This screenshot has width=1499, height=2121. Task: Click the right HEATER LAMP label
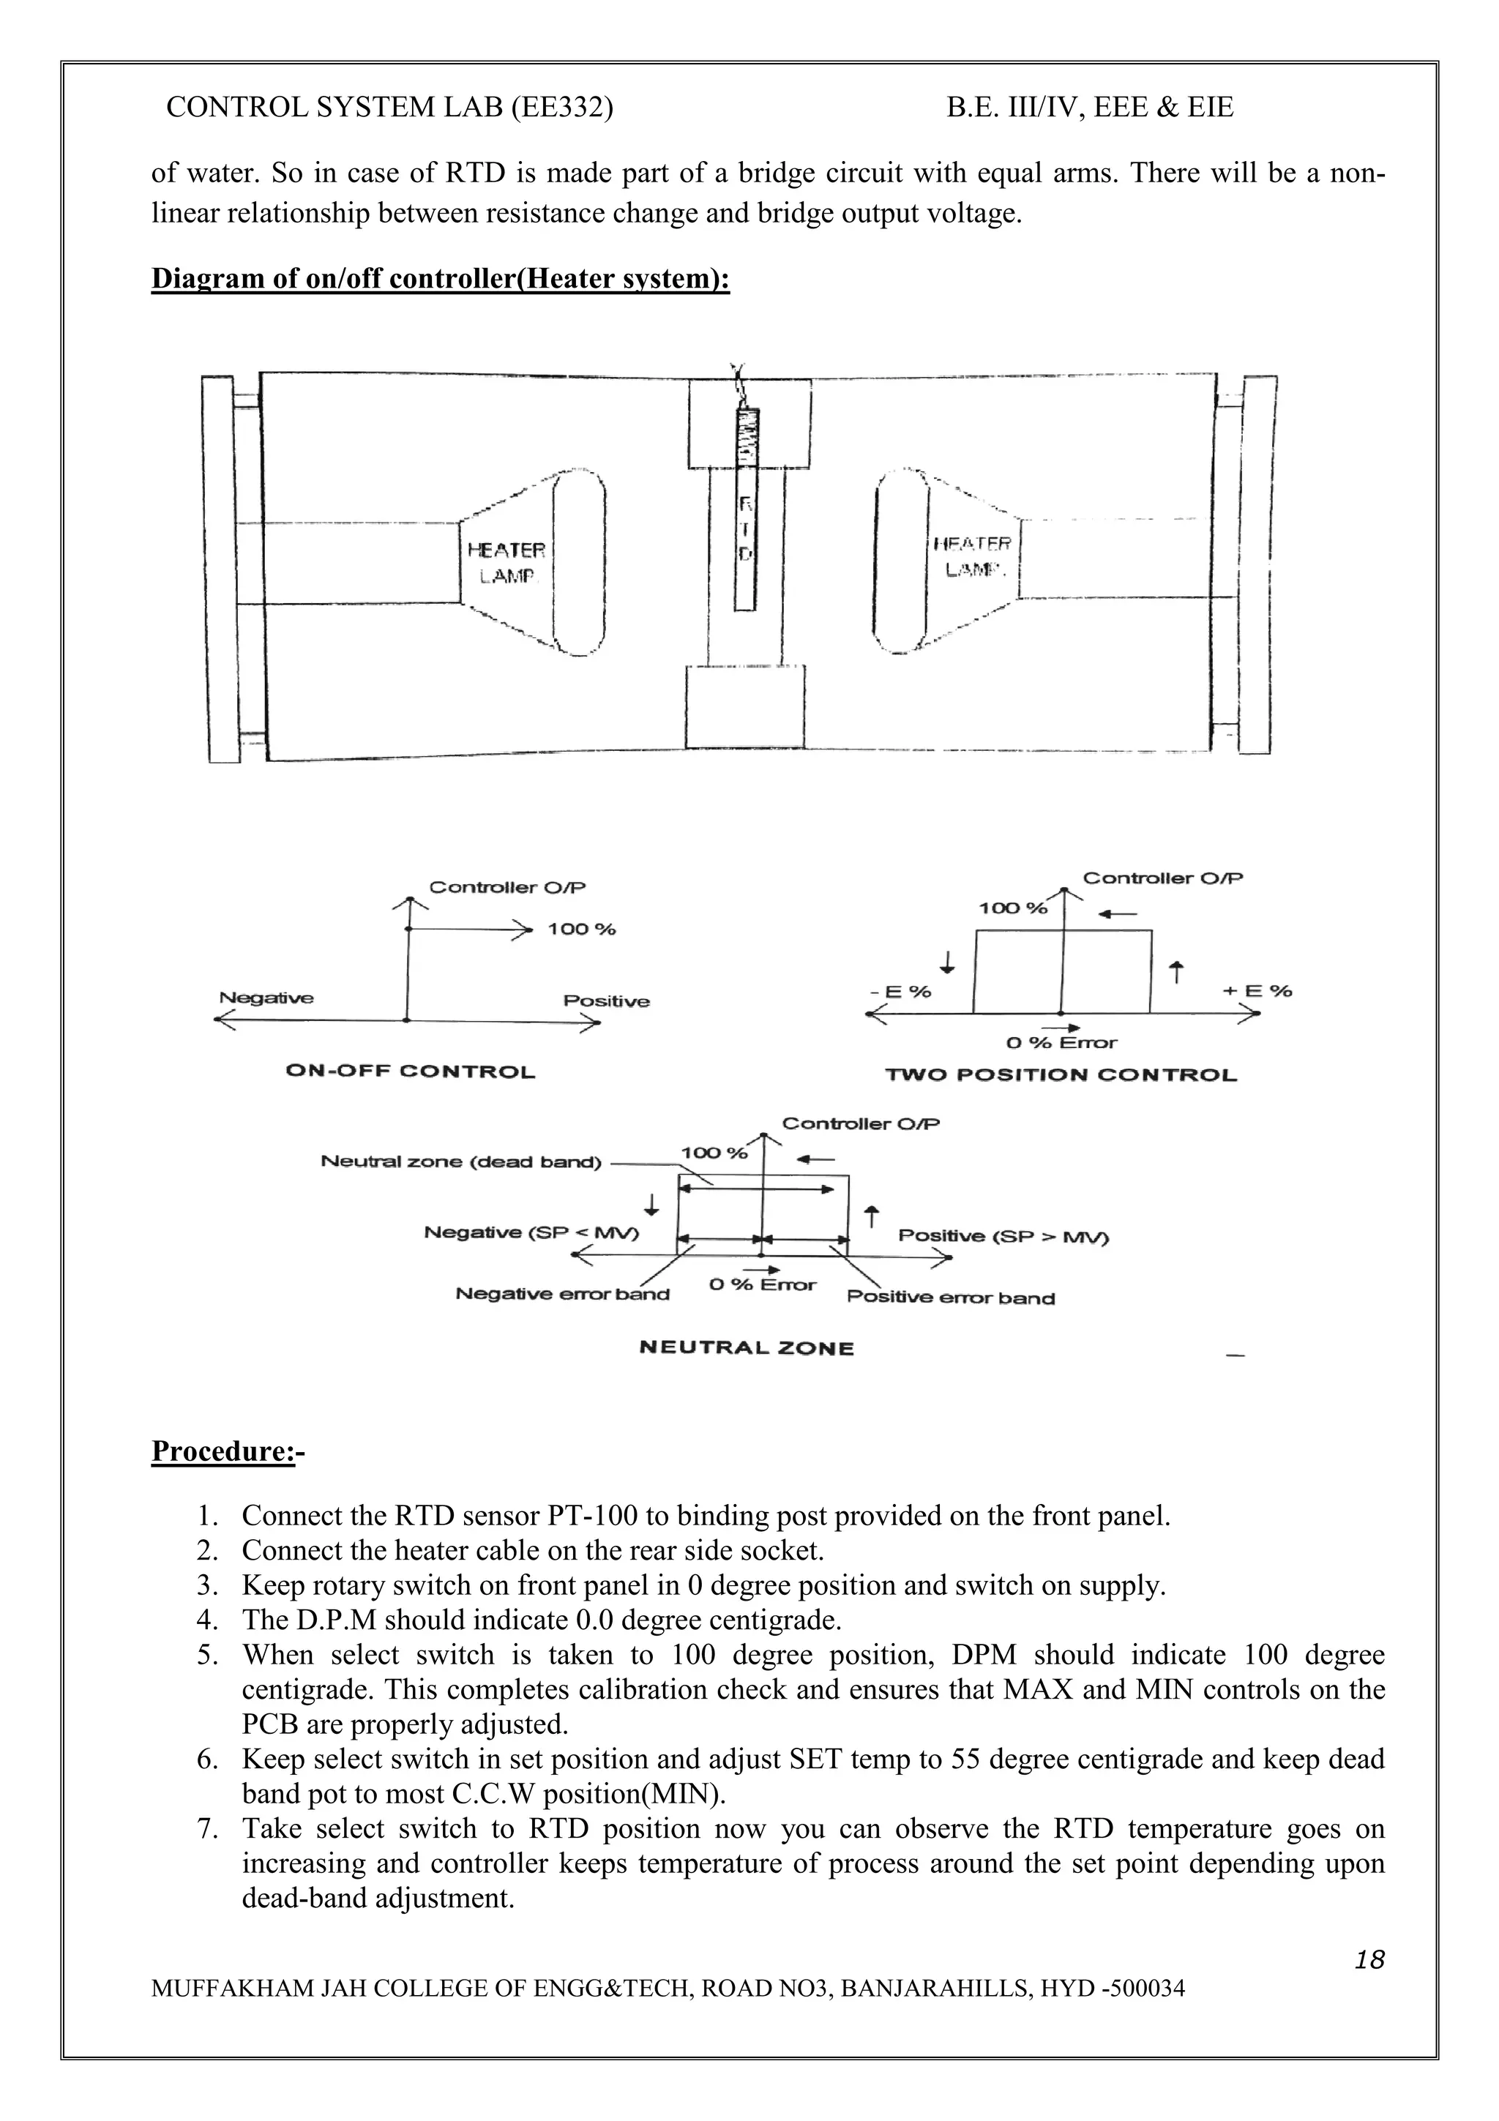tap(973, 557)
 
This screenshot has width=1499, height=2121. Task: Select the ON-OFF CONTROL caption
tap(410, 1071)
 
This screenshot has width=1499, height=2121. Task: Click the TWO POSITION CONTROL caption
tap(1061, 1074)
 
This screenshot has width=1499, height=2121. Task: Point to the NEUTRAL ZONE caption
tap(747, 1348)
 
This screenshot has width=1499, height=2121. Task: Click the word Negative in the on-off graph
tap(266, 998)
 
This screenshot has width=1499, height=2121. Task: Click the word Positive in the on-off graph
tap(606, 1001)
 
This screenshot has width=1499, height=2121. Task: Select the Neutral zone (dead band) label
tap(461, 1162)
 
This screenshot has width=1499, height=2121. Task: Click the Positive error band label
tap(950, 1298)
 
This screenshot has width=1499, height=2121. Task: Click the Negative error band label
tap(561, 1294)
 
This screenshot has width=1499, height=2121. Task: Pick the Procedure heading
tap(227, 1451)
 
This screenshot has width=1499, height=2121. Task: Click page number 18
tap(1369, 1959)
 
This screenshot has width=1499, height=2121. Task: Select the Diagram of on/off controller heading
tap(441, 278)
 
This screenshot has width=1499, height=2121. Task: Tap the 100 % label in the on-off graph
tap(581, 929)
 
